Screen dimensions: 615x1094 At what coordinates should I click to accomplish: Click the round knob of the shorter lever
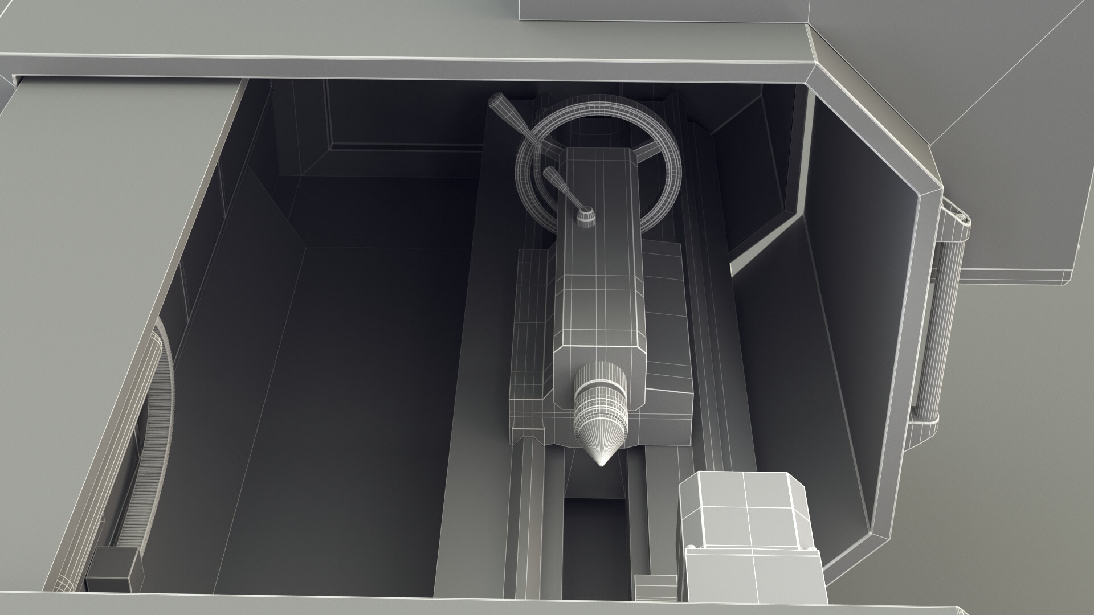[x=586, y=218]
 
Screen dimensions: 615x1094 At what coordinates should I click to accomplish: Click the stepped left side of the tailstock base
[x=527, y=342]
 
